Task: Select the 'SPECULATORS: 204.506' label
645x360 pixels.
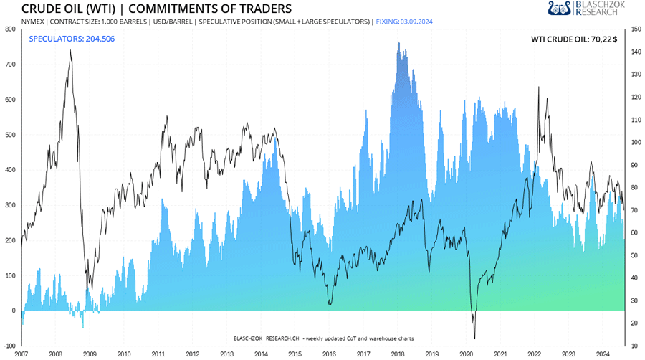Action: click(72, 38)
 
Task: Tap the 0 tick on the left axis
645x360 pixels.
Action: click(14, 311)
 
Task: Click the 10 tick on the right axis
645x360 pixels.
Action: click(634, 346)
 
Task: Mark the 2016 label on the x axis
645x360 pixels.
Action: click(329, 354)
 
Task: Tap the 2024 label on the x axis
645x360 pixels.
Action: click(603, 354)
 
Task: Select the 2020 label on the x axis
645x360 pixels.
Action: click(466, 354)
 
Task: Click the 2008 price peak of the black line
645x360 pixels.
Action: click(70, 50)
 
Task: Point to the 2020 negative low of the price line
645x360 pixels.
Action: click(474, 338)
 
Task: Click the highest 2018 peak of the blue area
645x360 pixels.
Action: click(398, 42)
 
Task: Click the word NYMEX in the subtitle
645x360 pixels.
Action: click(33, 22)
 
